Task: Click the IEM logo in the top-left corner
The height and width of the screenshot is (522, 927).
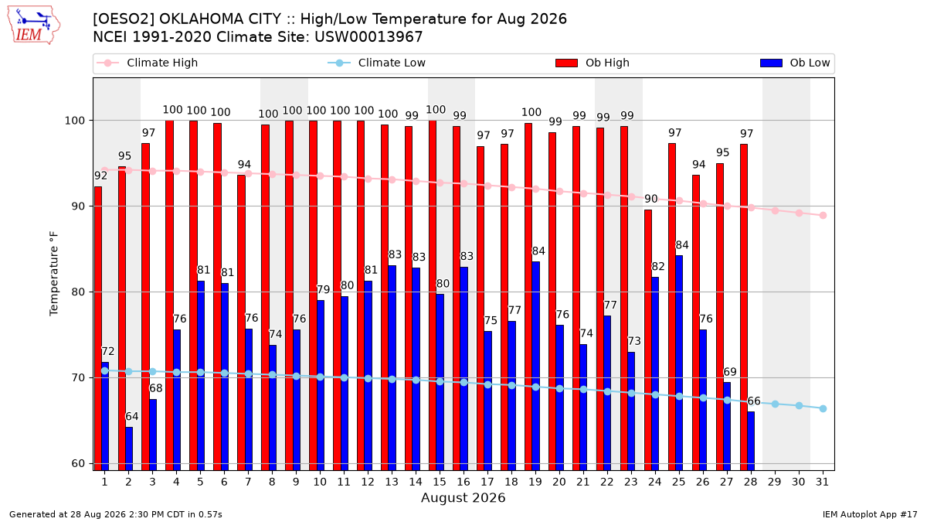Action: pyautogui.click(x=34, y=25)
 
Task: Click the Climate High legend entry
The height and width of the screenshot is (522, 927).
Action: pyautogui.click(x=147, y=63)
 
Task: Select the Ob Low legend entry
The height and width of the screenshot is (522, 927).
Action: pyautogui.click(x=795, y=63)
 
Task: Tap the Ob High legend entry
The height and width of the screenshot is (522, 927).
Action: pyautogui.click(x=593, y=63)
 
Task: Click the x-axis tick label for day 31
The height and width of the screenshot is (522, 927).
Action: pyautogui.click(x=822, y=482)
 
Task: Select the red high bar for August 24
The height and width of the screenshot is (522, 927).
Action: pyautogui.click(x=648, y=340)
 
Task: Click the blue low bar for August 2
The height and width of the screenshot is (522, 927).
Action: pyautogui.click(x=129, y=449)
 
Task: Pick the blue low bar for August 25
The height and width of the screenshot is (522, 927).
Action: pyautogui.click(x=679, y=363)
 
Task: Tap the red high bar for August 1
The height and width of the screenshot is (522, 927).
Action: pyautogui.click(x=98, y=329)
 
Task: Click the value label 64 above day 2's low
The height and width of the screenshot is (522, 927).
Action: pyautogui.click(x=132, y=416)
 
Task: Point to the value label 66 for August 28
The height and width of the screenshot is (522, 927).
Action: pyautogui.click(x=754, y=401)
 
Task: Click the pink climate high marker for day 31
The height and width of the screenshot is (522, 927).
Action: pyautogui.click(x=823, y=216)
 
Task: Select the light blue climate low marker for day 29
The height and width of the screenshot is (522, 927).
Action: pyautogui.click(x=775, y=404)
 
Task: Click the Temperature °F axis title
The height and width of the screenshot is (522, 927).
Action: pyautogui.click(x=54, y=274)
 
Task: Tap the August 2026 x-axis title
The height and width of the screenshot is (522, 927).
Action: pyautogui.click(x=463, y=497)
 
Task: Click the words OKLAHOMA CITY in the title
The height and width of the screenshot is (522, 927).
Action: pyautogui.click(x=220, y=19)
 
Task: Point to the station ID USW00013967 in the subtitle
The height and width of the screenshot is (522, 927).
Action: pyautogui.click(x=368, y=37)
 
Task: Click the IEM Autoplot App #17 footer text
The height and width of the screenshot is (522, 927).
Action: pyautogui.click(x=870, y=514)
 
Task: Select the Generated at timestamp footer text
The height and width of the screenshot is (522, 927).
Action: pyautogui.click(x=115, y=514)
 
